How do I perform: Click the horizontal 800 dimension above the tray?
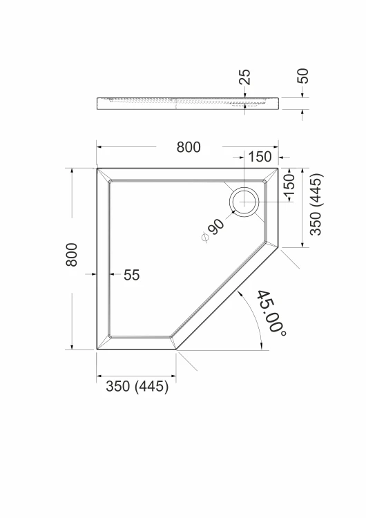pos(189,147)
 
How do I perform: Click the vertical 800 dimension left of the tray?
pos(72,255)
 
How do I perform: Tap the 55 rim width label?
pos(131,275)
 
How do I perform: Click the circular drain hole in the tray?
pos(244,202)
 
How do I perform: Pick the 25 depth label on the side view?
pos(245,77)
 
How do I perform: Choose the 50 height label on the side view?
pos(302,76)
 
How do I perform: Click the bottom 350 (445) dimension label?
pos(137,386)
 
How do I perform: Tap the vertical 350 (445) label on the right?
pos(316,204)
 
